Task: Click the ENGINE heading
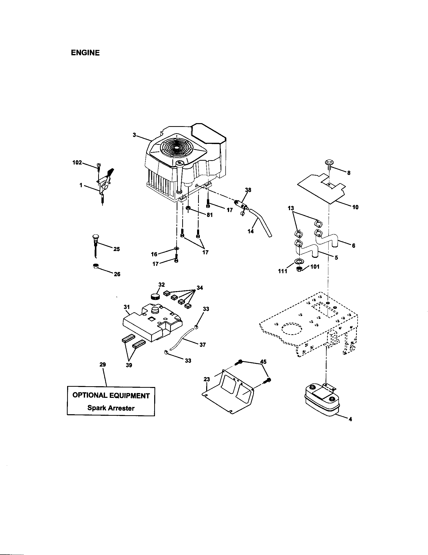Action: [x=85, y=53]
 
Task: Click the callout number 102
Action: [x=77, y=162]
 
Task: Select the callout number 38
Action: [x=248, y=190]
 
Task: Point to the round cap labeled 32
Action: [x=155, y=296]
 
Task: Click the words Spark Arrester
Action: [x=111, y=408]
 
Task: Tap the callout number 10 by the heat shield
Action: [x=355, y=207]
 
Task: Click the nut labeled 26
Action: [x=96, y=266]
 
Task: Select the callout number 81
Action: [x=209, y=215]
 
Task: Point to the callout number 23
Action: [x=207, y=379]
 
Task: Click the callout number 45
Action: [x=263, y=361]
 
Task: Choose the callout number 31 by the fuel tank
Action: [x=127, y=307]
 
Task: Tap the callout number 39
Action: [x=129, y=366]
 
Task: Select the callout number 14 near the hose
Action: [x=251, y=231]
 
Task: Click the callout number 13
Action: [x=291, y=208]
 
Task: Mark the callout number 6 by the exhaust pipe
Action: [x=354, y=245]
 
